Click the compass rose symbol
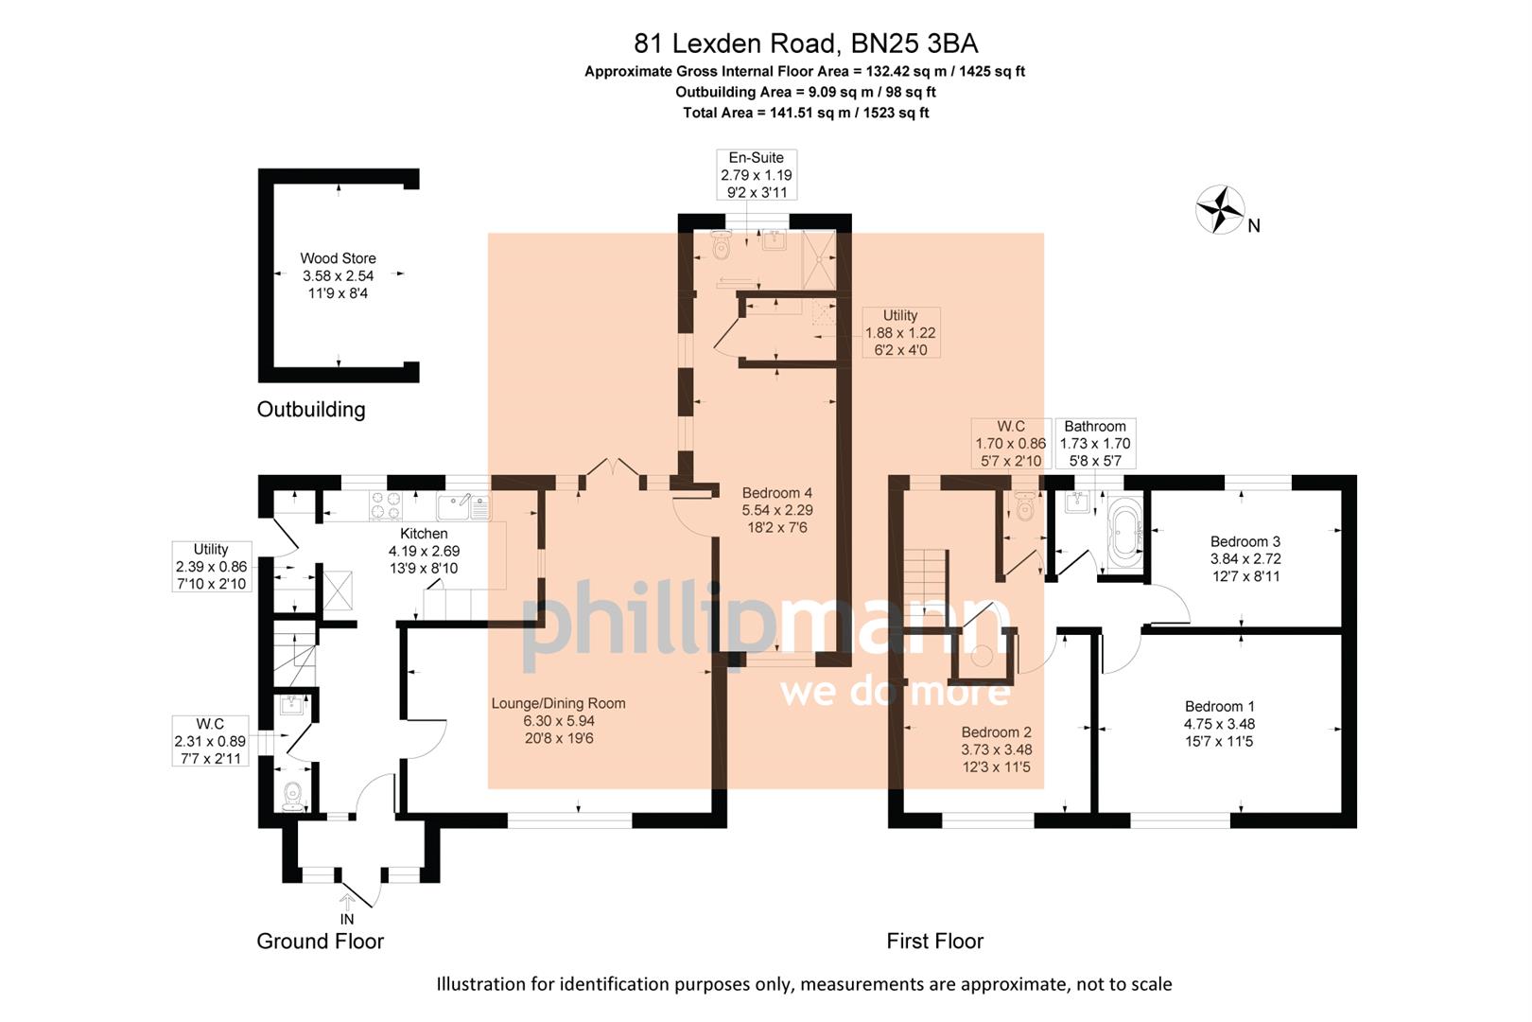1220,209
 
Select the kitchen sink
463,508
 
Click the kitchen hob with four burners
386,506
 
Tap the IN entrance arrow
347,905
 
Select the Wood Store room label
338,257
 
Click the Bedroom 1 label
1219,706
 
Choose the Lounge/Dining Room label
558,703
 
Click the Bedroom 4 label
776,492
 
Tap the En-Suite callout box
756,174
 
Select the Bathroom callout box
1094,443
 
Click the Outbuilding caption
310,409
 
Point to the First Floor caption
934,941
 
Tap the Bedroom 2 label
996,731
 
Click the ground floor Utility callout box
211,566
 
